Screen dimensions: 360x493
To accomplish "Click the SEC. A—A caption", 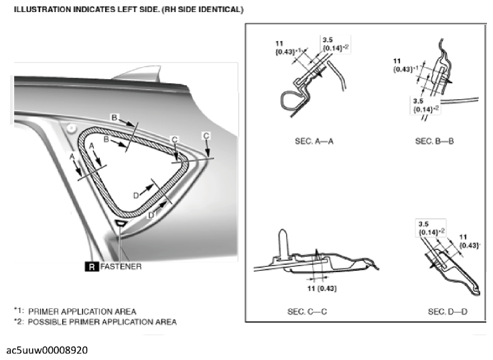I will [x=314, y=141].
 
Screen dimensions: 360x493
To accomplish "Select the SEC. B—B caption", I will [x=435, y=141].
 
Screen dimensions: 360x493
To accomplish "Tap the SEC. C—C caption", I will [x=314, y=312].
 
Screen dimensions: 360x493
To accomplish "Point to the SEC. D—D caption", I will [x=448, y=312].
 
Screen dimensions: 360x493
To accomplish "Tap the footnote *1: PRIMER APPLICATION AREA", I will [x=75, y=311].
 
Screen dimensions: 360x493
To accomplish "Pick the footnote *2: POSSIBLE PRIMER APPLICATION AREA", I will [x=95, y=322].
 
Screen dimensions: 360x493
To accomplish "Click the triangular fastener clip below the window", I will [x=121, y=223].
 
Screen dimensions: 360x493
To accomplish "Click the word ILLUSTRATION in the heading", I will [x=40, y=10].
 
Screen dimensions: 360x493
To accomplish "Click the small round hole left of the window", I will [x=71, y=126].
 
